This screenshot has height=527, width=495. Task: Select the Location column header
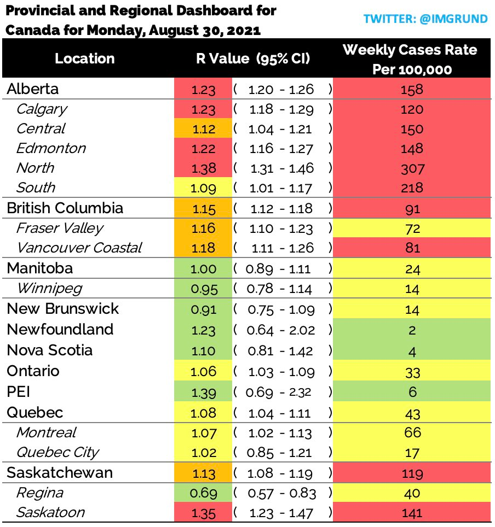point(85,58)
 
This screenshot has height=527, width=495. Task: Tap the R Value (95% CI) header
point(253,58)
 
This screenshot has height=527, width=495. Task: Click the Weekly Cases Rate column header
point(410,60)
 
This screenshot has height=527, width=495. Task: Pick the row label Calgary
point(42,109)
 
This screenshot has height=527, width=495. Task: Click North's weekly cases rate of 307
point(412,168)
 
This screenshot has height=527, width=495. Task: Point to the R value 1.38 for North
point(203,168)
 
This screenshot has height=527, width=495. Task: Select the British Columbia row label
point(65,208)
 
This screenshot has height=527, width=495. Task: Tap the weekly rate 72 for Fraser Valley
point(412,229)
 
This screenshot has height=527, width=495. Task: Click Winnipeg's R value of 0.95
point(204,289)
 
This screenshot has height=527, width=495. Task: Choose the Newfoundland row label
point(60,329)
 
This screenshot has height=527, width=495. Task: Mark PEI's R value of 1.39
point(203,393)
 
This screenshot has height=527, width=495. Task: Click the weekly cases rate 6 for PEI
point(412,392)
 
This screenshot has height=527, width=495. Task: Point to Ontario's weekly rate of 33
point(412,372)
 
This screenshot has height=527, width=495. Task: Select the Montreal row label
point(47,432)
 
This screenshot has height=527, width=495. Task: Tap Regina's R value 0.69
point(203,494)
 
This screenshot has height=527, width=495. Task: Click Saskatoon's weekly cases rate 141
point(412,513)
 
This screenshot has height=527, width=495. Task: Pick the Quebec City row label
point(58,453)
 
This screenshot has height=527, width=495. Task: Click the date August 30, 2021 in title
point(204,31)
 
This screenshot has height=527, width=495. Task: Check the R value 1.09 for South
point(203,188)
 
